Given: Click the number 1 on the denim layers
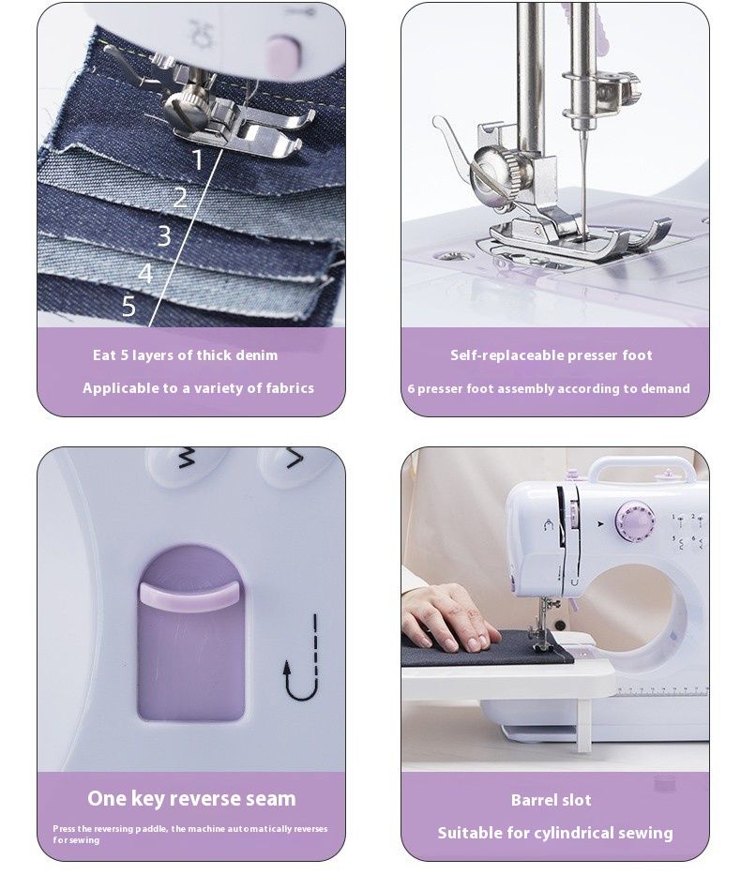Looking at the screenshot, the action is tap(197, 159).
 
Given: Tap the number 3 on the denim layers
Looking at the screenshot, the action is tap(164, 235).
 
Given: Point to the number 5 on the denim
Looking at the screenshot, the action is tap(129, 306).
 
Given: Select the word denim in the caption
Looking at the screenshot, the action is tap(257, 355).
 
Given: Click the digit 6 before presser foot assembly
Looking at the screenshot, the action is tap(411, 389).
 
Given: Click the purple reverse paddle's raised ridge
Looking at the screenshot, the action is tap(188, 596).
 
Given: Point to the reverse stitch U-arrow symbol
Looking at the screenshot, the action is tap(303, 658).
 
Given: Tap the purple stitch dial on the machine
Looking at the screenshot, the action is tap(635, 520).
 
